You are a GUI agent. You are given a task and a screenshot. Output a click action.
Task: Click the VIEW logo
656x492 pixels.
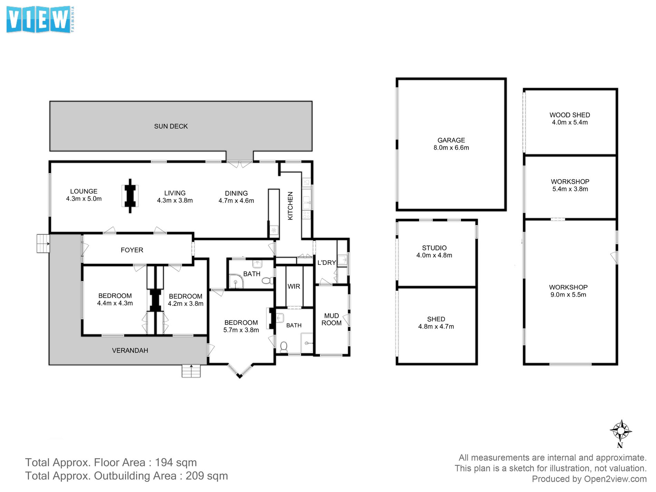(x=40, y=20)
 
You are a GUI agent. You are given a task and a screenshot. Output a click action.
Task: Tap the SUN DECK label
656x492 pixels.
(x=171, y=126)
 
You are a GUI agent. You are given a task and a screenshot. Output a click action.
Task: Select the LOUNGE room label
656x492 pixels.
(x=84, y=191)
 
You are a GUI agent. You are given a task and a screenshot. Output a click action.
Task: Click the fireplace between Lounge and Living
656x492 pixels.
(x=130, y=196)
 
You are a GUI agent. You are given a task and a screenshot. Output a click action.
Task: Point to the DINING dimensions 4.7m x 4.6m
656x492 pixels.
(x=236, y=201)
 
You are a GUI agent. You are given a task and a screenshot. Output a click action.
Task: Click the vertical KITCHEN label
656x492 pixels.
(x=290, y=206)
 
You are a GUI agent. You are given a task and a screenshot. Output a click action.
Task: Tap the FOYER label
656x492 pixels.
(x=132, y=250)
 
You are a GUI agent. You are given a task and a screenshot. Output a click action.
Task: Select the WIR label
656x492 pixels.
(x=294, y=286)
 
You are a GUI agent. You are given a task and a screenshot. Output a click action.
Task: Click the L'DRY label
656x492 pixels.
(x=327, y=262)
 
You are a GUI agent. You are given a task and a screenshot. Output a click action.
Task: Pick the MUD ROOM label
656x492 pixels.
(x=331, y=319)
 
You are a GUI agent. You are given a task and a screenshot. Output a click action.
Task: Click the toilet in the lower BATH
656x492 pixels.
(x=284, y=347)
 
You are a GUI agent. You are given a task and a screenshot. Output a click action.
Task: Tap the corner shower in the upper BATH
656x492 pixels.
(x=236, y=281)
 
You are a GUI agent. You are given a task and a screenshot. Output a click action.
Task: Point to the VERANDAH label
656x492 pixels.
(x=130, y=350)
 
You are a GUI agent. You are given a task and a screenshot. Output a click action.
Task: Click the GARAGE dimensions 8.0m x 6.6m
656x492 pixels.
(x=451, y=148)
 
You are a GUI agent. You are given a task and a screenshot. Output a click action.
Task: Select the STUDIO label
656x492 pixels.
(x=434, y=248)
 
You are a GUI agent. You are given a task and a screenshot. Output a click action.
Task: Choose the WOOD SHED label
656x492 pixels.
(x=570, y=115)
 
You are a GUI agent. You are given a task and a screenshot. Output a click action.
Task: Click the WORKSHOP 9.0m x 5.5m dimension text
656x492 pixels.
(x=568, y=295)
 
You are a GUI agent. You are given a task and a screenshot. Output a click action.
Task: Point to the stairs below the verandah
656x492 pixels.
(x=191, y=371)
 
